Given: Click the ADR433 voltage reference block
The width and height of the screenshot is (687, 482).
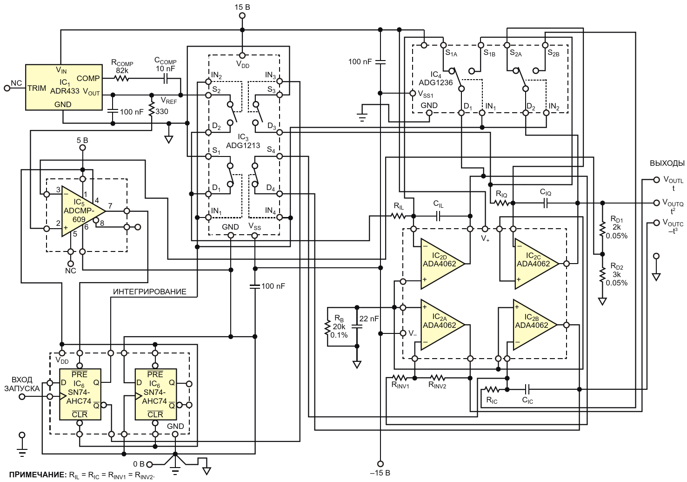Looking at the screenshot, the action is [64, 87].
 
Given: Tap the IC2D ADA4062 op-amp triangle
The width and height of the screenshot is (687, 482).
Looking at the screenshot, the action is [442, 264].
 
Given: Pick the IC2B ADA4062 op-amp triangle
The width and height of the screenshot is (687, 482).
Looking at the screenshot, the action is [534, 325].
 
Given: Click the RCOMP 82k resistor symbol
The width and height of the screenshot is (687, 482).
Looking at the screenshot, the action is [122, 79].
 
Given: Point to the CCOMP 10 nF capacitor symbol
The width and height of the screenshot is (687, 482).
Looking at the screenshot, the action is [166, 79].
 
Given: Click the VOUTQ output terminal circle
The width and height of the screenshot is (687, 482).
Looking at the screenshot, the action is [656, 203].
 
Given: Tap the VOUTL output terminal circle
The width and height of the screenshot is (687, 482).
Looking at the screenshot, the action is [656, 180].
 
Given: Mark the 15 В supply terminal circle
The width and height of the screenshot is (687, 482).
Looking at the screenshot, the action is [242, 16].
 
